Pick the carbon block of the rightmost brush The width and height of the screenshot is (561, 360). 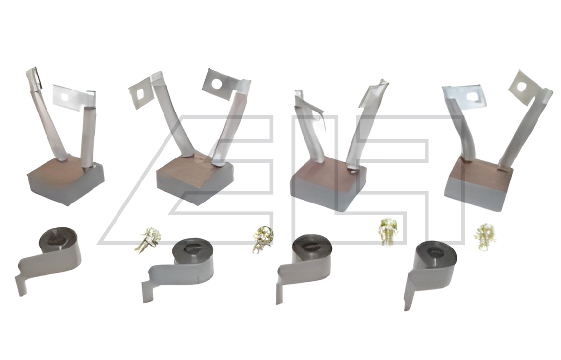pos(479,184)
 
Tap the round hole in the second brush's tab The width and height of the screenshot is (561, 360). pos(217,84)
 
